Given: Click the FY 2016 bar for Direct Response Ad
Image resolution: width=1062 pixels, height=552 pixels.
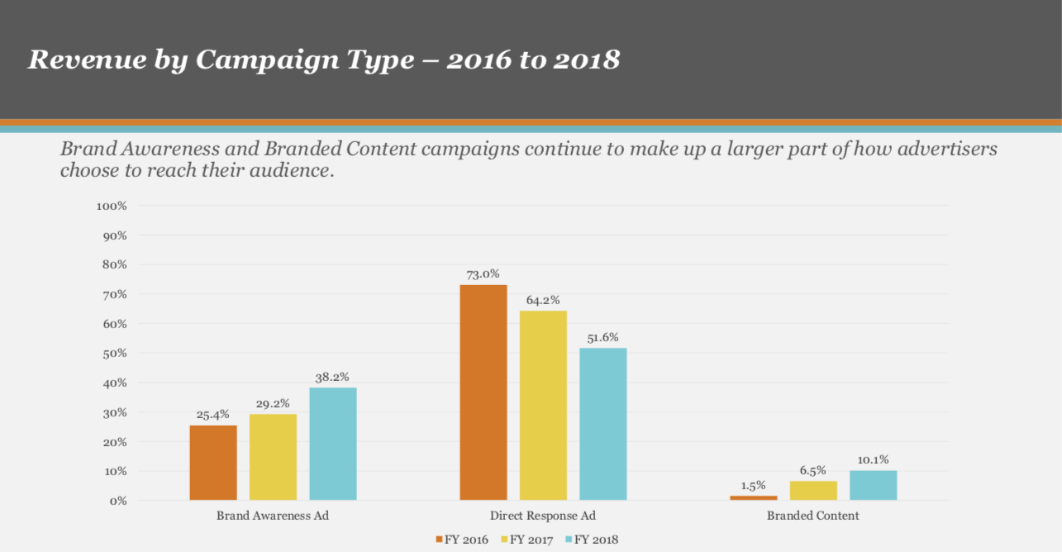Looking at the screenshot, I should [x=483, y=393].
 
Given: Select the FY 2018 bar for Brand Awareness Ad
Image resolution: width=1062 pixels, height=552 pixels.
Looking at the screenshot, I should [x=333, y=444].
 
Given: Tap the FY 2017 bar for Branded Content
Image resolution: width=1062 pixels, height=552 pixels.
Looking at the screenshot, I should [x=813, y=491].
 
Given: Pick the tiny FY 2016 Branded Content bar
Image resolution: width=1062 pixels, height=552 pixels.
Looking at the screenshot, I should [x=754, y=497].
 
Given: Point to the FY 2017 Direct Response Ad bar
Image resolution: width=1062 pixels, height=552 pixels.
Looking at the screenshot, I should [x=543, y=405].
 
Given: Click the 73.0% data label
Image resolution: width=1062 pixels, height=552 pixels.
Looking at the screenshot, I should [x=483, y=274].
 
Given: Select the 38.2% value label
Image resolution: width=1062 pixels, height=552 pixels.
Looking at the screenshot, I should [x=333, y=377].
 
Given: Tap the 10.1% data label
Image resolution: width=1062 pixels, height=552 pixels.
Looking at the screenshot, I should [x=874, y=460].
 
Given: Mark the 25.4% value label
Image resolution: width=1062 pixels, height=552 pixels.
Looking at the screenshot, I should [x=213, y=415].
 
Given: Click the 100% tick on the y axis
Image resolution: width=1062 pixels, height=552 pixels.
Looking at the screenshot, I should [x=112, y=206].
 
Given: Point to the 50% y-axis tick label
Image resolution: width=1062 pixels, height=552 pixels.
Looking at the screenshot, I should [x=114, y=353].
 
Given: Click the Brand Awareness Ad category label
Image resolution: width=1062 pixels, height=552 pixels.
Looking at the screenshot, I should [x=273, y=516].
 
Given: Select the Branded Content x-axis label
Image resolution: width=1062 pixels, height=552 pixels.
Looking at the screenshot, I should [x=813, y=516].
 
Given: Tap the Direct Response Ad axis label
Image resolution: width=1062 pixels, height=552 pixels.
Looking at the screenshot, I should [x=543, y=516].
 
